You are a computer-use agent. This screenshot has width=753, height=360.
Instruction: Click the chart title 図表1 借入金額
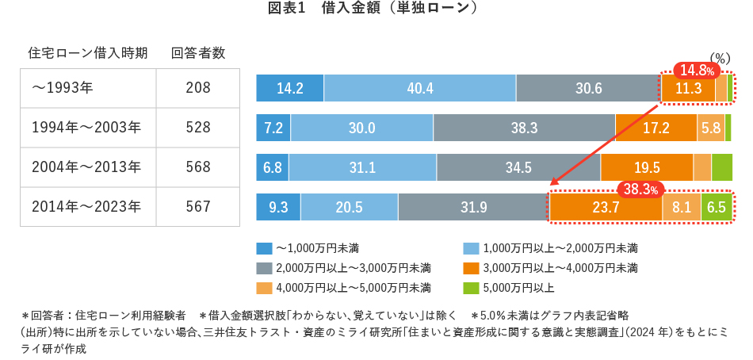tap(376, 10)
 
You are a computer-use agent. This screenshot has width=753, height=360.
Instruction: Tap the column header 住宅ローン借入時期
tap(88, 54)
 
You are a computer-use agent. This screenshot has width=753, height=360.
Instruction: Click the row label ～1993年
tap(63, 88)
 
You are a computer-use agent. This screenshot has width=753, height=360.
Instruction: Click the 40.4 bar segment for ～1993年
tap(419, 88)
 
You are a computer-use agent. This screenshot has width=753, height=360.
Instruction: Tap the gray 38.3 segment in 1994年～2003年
tap(524, 128)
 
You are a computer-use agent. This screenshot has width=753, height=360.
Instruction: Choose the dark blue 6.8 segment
tap(273, 167)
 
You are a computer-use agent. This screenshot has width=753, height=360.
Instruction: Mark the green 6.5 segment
tap(716, 207)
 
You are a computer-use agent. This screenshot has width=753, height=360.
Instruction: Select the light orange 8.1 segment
tap(682, 207)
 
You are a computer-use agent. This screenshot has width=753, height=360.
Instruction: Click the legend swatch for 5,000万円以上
tap(469, 286)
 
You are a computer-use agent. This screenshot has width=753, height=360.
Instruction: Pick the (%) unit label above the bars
tap(719, 58)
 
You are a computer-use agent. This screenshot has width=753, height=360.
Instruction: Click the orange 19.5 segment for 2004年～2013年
tap(647, 167)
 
